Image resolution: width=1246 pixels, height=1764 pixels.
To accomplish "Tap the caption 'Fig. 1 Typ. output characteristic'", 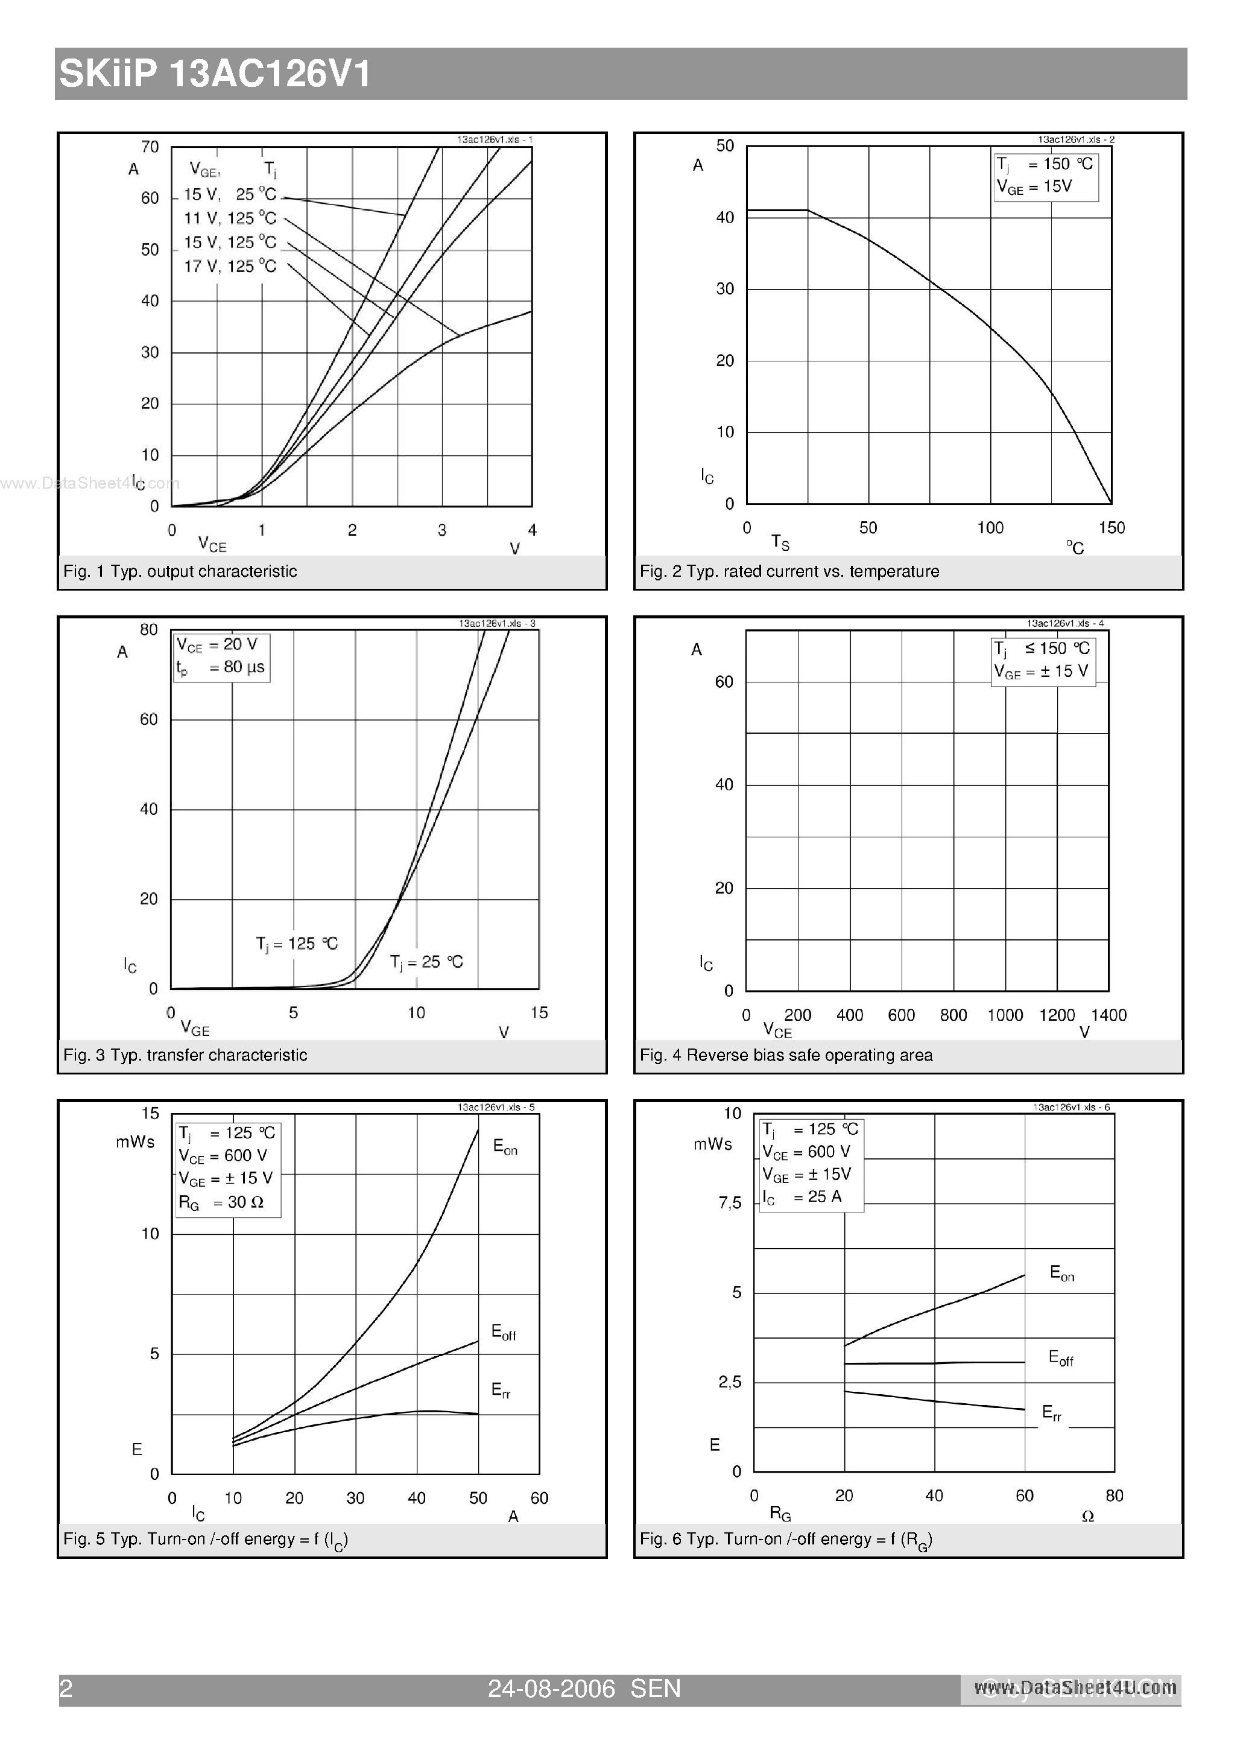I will (180, 571).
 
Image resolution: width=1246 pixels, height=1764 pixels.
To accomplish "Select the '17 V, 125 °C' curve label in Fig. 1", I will (230, 267).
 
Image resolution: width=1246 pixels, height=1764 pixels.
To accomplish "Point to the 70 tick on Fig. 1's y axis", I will (150, 147).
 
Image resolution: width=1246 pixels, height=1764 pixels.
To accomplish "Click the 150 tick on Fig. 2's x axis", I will (1112, 528).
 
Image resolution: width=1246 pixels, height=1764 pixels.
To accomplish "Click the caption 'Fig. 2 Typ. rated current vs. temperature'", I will (789, 571).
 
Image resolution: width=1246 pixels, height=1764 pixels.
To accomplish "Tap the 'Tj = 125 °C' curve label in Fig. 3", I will (297, 944).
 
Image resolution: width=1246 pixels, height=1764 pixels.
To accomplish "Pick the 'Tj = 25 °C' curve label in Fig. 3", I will (426, 962).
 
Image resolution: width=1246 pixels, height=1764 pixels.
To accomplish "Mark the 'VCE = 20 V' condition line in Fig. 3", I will (217, 644).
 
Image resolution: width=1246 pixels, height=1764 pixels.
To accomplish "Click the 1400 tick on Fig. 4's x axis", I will (1108, 1015).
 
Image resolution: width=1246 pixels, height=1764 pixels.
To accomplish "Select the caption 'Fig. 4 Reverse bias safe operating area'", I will (786, 1056).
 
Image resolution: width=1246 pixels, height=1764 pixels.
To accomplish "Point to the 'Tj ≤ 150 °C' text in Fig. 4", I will (1042, 649).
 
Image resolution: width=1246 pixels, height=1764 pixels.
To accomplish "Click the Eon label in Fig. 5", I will (505, 1147).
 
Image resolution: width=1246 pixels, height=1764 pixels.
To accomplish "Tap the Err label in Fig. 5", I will (501, 1390).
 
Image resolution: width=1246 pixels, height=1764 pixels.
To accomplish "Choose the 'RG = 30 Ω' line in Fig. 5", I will (221, 1203).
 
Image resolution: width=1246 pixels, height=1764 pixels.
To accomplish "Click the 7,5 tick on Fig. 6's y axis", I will (730, 1203).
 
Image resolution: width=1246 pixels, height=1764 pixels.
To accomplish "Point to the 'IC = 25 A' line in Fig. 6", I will (802, 1197).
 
